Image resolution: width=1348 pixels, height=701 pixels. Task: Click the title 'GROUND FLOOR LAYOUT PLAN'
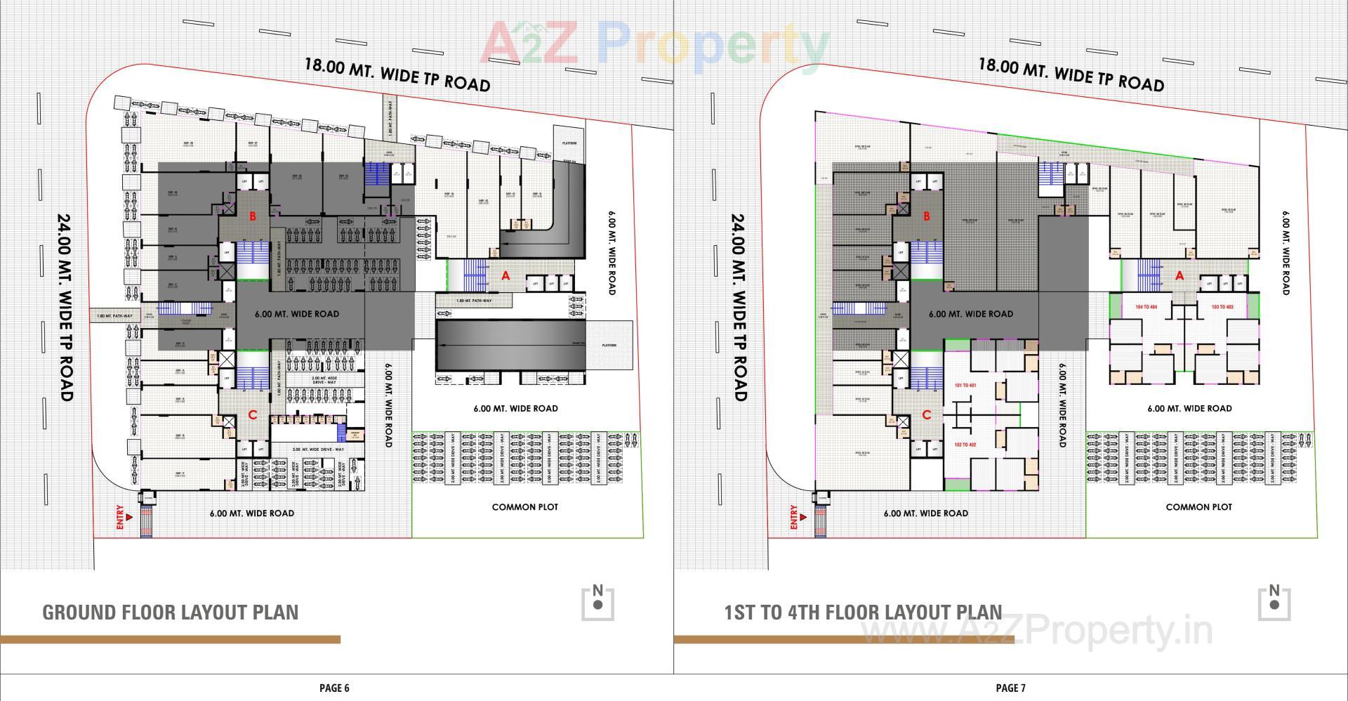tap(171, 612)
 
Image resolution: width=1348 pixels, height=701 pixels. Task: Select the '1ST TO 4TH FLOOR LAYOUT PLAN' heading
tap(863, 612)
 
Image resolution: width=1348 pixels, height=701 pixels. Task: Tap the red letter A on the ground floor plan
tap(505, 277)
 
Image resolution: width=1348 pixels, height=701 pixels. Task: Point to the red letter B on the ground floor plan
tap(252, 217)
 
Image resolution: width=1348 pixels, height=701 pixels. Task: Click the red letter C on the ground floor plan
tap(253, 415)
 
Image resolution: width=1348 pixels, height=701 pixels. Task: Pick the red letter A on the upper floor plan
tap(1179, 276)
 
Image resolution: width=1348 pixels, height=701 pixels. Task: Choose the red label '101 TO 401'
tap(965, 386)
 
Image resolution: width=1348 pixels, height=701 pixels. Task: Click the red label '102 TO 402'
tap(965, 445)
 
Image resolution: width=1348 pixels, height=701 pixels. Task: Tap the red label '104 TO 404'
tap(1146, 307)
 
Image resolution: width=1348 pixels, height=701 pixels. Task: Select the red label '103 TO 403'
tap(1222, 307)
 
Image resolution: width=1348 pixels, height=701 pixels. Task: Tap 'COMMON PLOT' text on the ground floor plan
tap(525, 506)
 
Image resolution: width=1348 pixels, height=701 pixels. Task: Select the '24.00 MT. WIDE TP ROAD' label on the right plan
tap(739, 307)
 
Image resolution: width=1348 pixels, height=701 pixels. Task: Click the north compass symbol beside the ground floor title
tap(597, 603)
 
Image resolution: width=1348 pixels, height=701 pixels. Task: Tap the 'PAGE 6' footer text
tap(334, 688)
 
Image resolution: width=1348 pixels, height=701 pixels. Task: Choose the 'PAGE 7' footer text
tap(1010, 688)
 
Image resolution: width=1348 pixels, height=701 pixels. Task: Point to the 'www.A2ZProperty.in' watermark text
tap(1036, 630)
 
